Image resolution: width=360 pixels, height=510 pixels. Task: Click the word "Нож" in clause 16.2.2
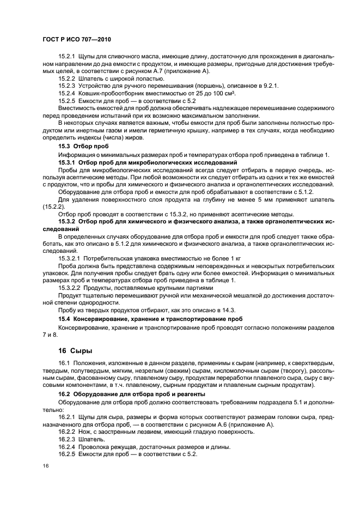coord(90,432)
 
